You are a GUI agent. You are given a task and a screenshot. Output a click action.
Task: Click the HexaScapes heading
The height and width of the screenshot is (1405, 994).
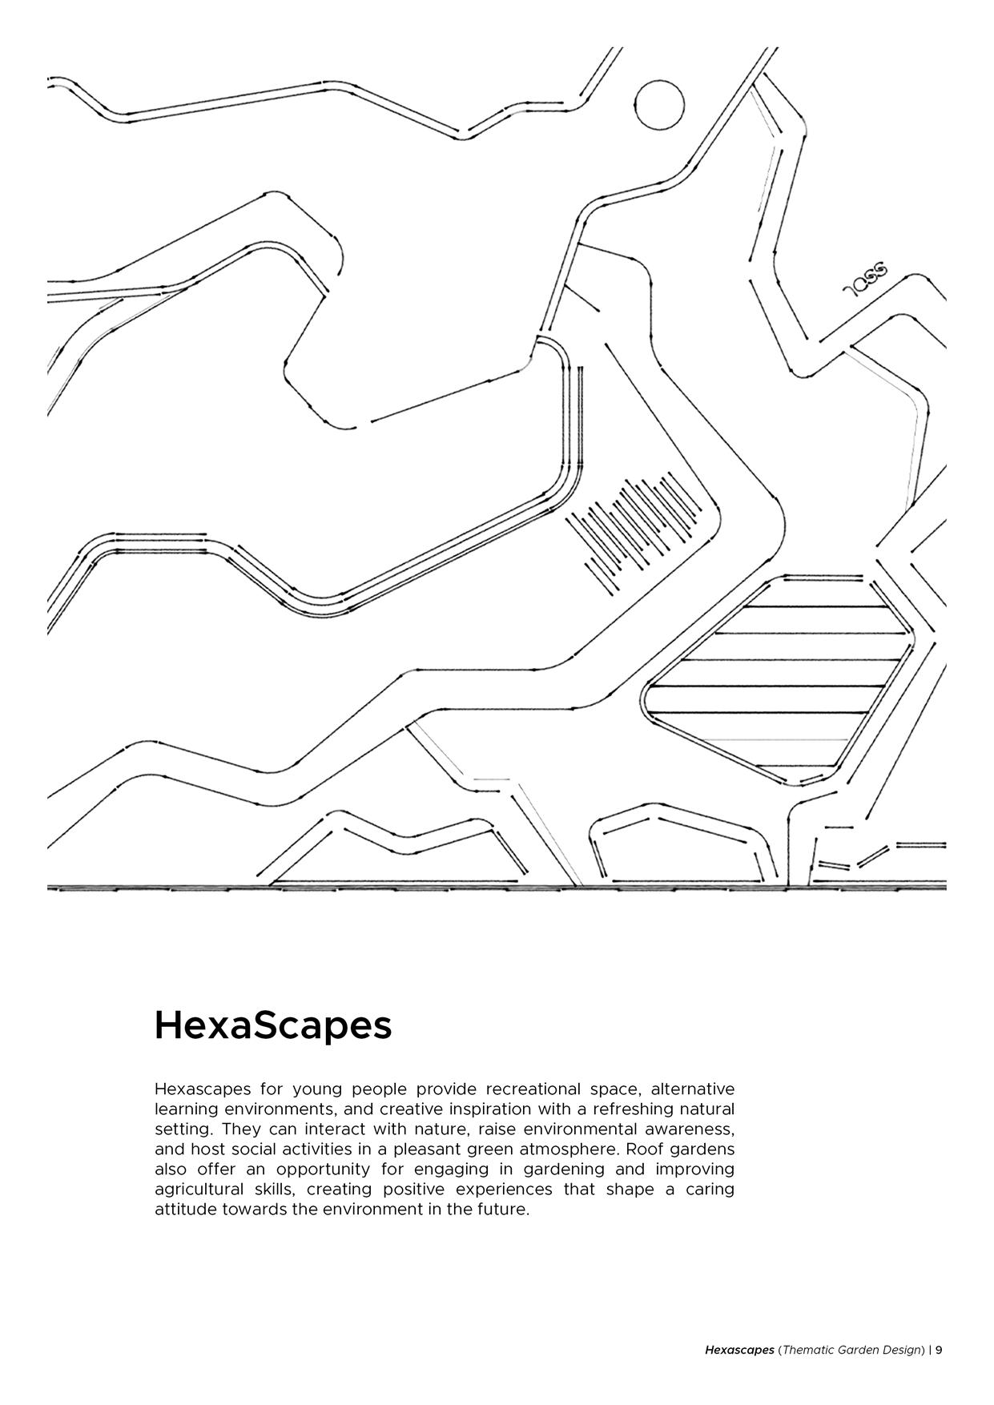272,1025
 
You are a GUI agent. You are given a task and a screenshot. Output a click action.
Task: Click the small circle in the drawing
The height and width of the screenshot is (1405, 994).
660,105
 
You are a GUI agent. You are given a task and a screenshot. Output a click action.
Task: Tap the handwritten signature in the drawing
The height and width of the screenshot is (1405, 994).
866,280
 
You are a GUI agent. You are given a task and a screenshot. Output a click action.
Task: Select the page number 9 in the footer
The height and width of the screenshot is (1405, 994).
939,1350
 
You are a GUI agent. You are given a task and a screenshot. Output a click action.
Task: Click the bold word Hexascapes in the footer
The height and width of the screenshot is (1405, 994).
739,1350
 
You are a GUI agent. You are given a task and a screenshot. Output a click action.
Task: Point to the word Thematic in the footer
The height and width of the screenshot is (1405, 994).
807,1350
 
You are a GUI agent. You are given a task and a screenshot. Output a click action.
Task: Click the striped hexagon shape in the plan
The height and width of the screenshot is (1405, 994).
777,681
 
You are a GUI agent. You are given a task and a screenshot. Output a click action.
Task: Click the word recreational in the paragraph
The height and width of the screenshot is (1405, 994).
533,1089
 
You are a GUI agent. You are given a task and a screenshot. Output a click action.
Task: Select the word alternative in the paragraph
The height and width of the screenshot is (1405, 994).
692,1089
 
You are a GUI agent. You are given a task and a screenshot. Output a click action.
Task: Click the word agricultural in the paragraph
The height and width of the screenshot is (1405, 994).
199,1190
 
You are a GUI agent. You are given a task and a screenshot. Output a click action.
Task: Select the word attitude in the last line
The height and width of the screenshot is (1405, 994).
185,1210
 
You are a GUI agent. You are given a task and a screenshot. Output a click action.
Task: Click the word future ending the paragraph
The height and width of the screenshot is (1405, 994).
503,1210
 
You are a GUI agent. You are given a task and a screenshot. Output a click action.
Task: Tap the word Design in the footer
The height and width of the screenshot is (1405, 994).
903,1350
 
